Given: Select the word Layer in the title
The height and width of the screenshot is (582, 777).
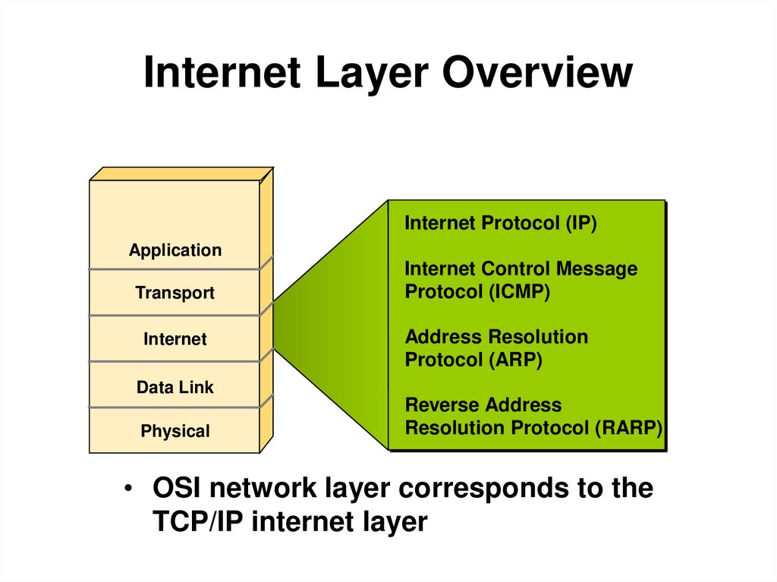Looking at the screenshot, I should [374, 74].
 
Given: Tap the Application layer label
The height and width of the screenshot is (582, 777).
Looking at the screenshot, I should [175, 250].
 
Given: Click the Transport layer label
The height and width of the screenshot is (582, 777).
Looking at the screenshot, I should [175, 293].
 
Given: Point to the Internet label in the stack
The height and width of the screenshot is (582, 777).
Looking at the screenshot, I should [175, 339].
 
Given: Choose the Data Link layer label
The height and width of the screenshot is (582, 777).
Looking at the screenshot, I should [175, 387].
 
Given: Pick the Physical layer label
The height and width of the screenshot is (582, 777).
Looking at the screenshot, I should [175, 432].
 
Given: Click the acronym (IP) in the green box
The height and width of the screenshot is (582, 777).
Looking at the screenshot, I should [581, 223].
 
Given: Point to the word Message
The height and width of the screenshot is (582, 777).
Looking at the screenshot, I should [596, 269].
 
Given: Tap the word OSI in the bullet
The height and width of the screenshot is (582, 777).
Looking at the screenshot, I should [177, 488].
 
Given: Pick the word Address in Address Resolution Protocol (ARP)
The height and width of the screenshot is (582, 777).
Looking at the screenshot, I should [442, 337].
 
